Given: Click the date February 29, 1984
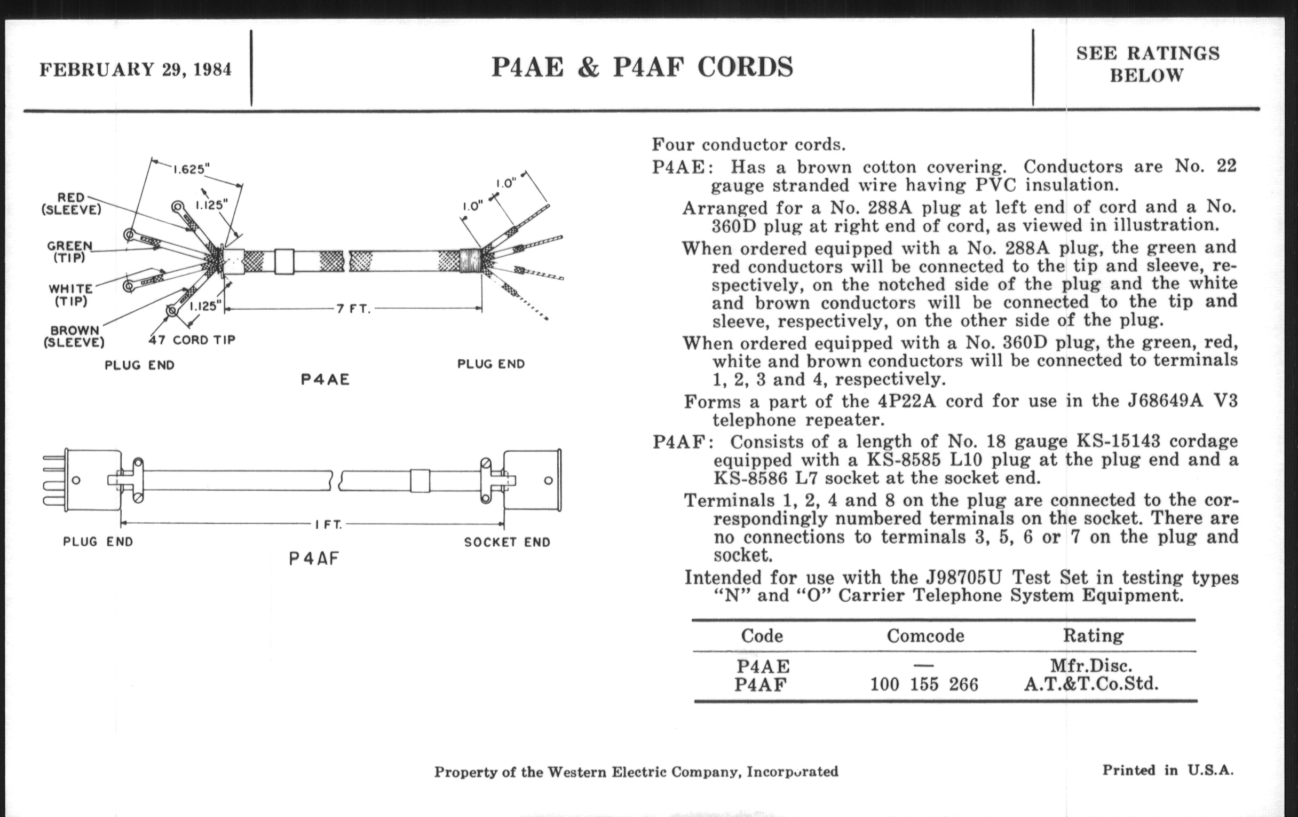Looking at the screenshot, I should coord(136,69).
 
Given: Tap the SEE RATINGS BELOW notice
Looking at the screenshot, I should coord(1147,64).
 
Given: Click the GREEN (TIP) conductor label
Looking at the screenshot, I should coord(70,252).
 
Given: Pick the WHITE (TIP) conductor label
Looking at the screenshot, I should coord(70,295).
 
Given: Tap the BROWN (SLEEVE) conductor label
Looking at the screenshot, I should coord(74,336).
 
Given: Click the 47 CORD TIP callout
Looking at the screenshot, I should coord(192,340).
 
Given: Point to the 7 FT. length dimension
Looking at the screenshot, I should coord(353,309).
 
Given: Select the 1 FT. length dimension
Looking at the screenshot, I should coord(328,524).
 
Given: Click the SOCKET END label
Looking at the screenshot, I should coord(506,543).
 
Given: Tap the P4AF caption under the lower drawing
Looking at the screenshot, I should coord(314,559).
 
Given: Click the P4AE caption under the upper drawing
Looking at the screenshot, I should coord(325,380).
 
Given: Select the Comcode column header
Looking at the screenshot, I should coord(925,637).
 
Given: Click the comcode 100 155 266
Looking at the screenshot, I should coord(924,685).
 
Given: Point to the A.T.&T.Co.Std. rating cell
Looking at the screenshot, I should coord(1091,685).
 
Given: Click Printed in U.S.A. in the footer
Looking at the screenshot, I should coord(1168,770).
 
